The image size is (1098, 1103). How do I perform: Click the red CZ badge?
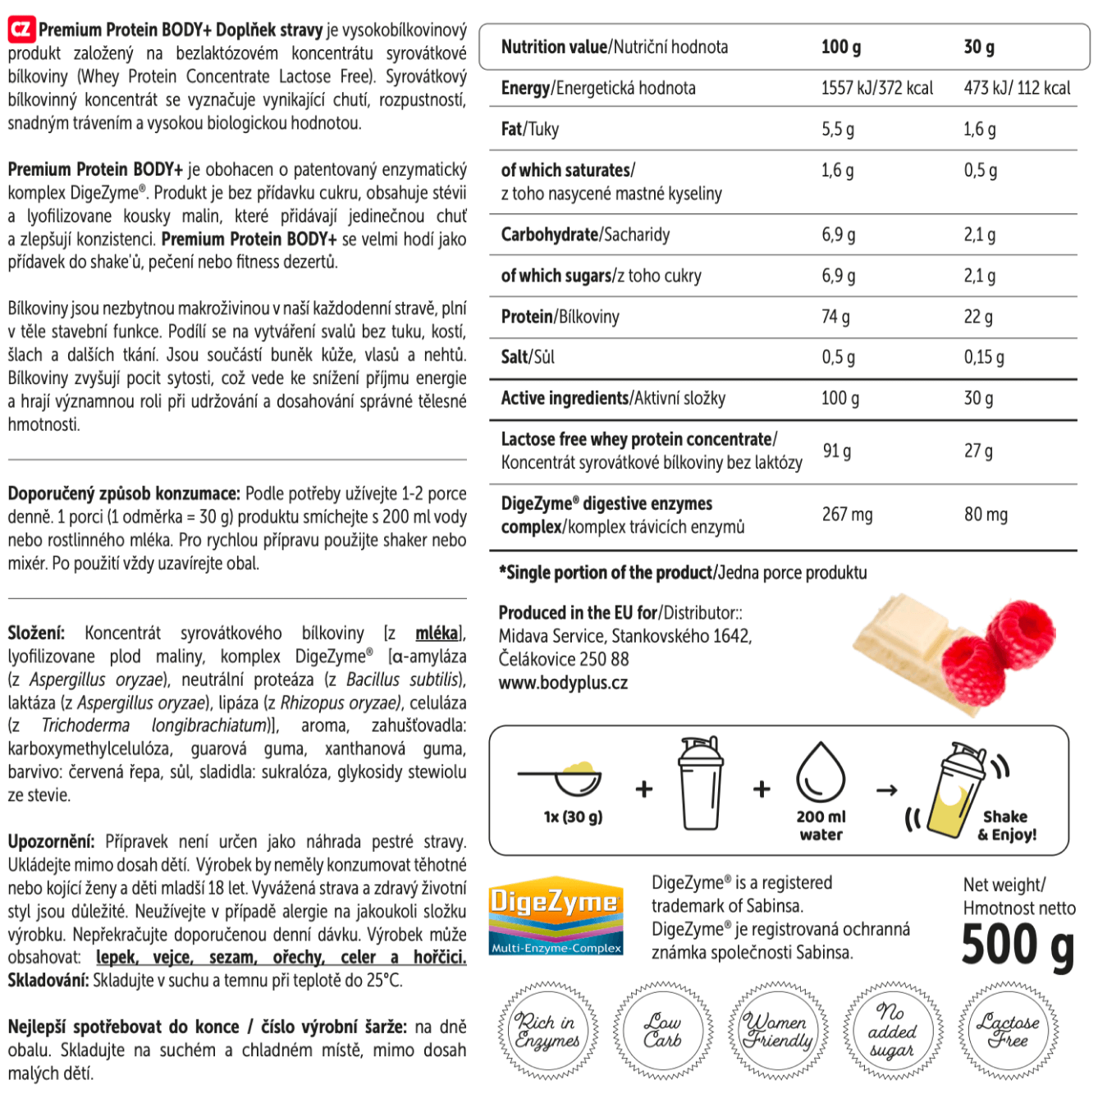pos(21,30)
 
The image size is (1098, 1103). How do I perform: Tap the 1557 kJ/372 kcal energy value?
pos(876,89)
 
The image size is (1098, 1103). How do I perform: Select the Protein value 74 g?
pos(835,317)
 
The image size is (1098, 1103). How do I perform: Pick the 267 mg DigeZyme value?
pos(847,515)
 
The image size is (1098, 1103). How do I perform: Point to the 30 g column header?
pos(979,47)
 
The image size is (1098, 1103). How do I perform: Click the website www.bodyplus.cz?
pos(563,683)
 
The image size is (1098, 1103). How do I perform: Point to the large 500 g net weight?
pos(1017,945)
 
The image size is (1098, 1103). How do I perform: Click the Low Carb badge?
pos(662,1030)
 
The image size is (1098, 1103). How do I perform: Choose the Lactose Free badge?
pos(1008,1030)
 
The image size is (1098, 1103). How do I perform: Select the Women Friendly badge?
pos(777,1030)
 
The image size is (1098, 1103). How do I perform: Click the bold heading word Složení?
pos(36,634)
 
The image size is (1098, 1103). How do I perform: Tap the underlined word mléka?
pos(437,634)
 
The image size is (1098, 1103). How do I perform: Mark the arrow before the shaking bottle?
pos(886,790)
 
